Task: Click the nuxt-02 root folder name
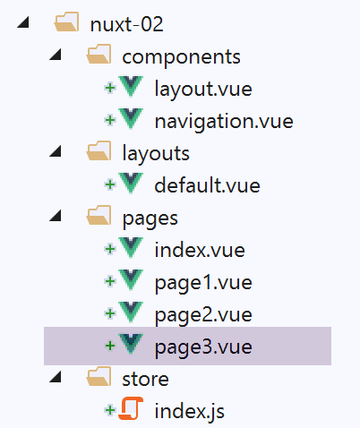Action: pyautogui.click(x=126, y=24)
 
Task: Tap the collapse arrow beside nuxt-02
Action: pyautogui.click(x=23, y=22)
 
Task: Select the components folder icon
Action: pyautogui.click(x=99, y=55)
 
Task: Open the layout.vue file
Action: pyautogui.click(x=203, y=89)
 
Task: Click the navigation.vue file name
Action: pyautogui.click(x=224, y=121)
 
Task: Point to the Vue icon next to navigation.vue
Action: pyautogui.click(x=131, y=119)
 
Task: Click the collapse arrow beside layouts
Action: pyautogui.click(x=56, y=151)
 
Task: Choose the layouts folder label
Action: pyautogui.click(x=156, y=153)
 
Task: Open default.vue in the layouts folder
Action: pyautogui.click(x=207, y=185)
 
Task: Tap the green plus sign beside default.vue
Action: pyautogui.click(x=110, y=184)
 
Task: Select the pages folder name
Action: pyautogui.click(x=150, y=218)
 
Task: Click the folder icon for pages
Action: pyautogui.click(x=99, y=215)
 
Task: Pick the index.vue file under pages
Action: pyautogui.click(x=200, y=250)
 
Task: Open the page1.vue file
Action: pyautogui.click(x=203, y=283)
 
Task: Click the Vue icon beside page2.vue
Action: pyautogui.click(x=131, y=312)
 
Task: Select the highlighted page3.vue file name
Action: pyautogui.click(x=203, y=347)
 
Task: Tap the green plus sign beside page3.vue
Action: pyautogui.click(x=110, y=346)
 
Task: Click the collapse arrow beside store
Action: pyautogui.click(x=56, y=377)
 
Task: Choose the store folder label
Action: pyautogui.click(x=145, y=379)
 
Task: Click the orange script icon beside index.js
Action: pyautogui.click(x=131, y=408)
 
